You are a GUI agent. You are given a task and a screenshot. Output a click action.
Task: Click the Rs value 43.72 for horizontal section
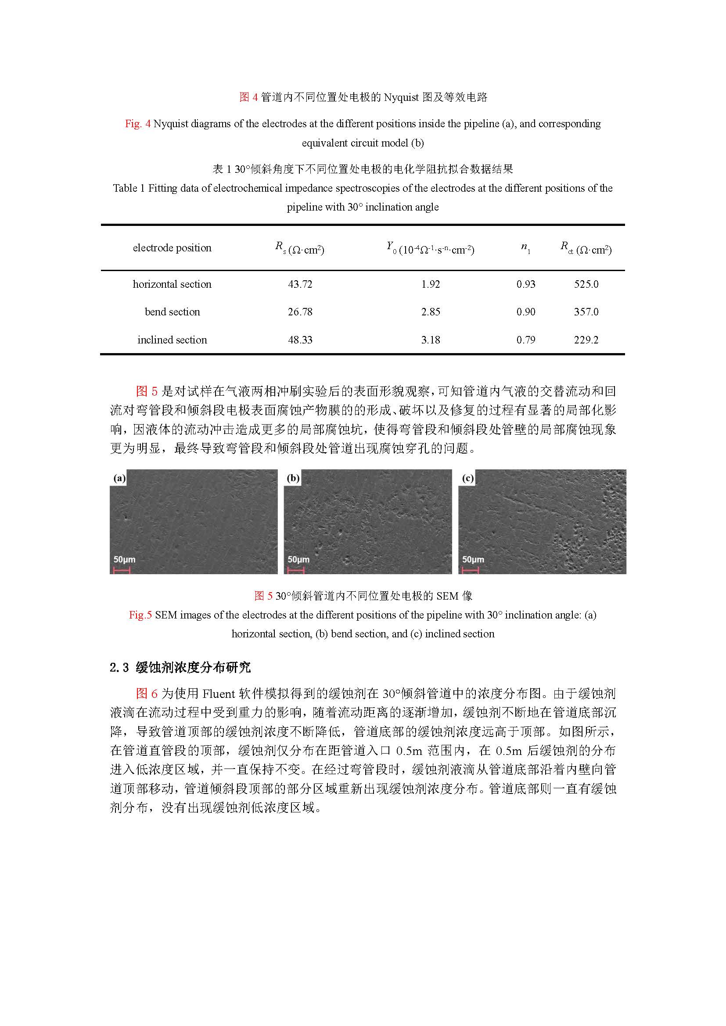pos(300,284)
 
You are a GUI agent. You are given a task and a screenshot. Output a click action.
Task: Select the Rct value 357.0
pos(586,312)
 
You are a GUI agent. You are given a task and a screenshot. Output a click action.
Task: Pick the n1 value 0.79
pos(526,340)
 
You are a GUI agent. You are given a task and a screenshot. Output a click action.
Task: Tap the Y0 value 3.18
pos(431,340)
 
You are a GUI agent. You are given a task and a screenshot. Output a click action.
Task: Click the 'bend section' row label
pos(172,312)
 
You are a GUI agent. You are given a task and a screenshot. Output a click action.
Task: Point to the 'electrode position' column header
pos(172,248)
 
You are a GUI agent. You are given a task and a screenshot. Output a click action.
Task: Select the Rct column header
pos(586,248)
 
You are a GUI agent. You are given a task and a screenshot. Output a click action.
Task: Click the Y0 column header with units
pos(431,248)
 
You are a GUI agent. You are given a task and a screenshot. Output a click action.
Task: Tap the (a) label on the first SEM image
pos(119,478)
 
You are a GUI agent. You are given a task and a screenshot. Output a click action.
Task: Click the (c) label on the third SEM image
pos(467,478)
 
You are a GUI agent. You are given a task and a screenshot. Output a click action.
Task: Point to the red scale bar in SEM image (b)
pos(295,570)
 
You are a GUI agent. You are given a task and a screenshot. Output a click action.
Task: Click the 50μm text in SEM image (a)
pos(124,559)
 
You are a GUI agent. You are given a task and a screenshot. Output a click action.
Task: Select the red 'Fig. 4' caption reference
pos(138,124)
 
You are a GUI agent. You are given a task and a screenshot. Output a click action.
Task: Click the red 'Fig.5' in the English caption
pos(140,615)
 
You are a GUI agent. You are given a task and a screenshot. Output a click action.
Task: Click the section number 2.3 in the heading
pos(119,668)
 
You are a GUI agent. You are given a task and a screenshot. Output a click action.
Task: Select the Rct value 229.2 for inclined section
pos(586,340)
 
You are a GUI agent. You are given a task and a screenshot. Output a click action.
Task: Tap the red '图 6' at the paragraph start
pos(147,694)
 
